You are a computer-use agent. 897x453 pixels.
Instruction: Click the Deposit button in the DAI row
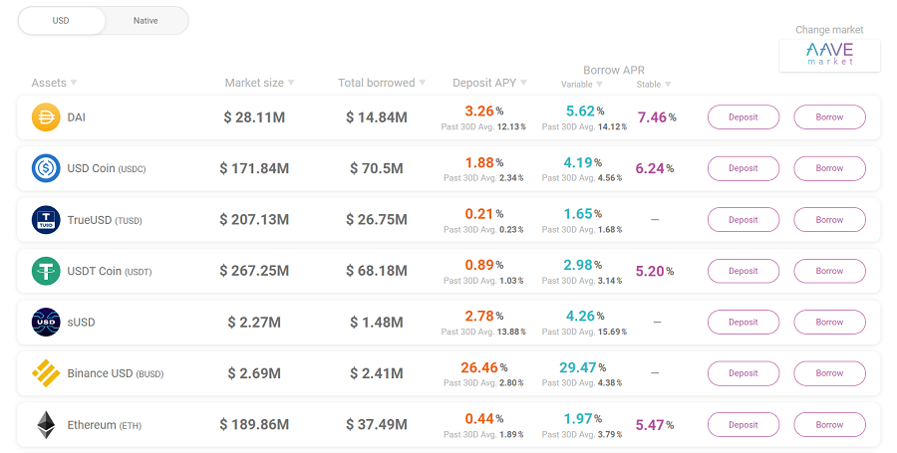coord(743,117)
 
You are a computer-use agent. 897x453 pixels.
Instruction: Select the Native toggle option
coord(146,21)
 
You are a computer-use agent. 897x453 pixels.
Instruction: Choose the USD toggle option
coord(61,21)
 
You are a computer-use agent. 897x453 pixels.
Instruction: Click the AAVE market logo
coord(830,55)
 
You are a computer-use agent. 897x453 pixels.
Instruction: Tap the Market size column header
coord(254,83)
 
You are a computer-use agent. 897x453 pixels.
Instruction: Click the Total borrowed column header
coord(376,83)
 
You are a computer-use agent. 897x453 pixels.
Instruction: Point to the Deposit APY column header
coord(484,83)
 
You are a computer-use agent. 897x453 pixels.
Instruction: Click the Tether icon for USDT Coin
coord(46,271)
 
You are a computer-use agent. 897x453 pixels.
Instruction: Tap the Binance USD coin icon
coord(46,373)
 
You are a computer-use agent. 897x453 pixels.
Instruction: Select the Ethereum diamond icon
coord(46,425)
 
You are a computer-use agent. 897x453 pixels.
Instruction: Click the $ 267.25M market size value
coord(254,271)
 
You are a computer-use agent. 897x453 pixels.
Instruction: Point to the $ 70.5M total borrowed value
coord(376,168)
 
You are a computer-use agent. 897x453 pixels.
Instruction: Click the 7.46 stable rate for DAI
coord(652,117)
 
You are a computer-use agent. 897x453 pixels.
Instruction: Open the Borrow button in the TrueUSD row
coord(829,220)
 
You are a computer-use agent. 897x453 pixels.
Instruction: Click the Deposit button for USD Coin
coord(743,168)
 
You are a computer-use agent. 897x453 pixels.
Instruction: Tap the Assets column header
coord(49,83)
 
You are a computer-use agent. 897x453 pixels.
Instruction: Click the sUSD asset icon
coord(46,323)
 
